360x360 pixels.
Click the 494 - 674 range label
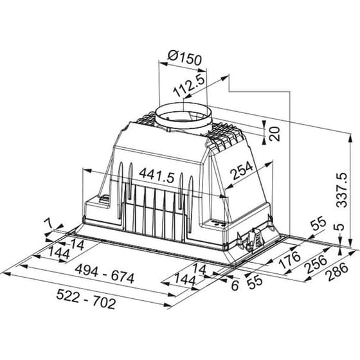pos(105,278)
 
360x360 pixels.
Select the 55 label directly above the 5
pos(318,224)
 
